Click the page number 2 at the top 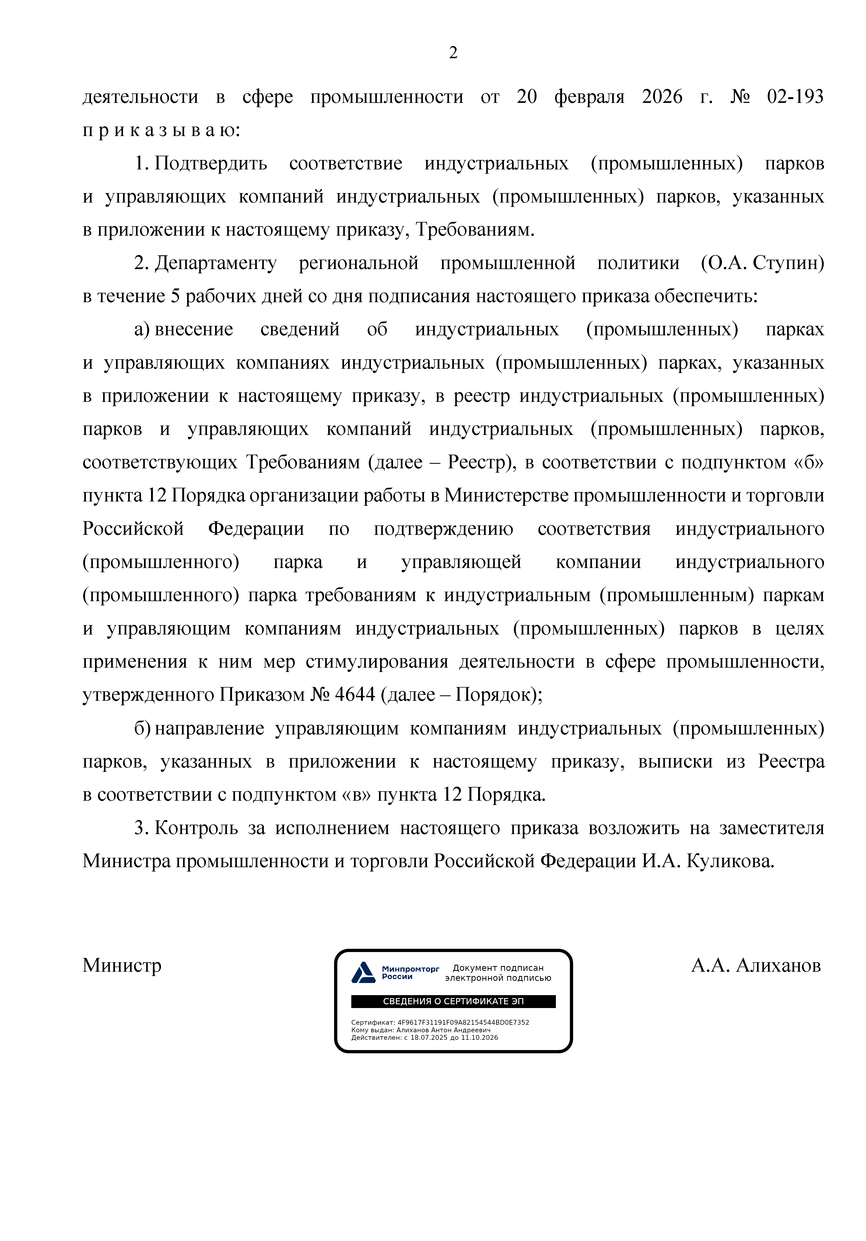click(453, 53)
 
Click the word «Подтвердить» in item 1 click(211, 163)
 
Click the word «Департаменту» click(216, 263)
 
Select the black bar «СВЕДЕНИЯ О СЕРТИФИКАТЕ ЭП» click(453, 1001)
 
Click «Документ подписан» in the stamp click(497, 967)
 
